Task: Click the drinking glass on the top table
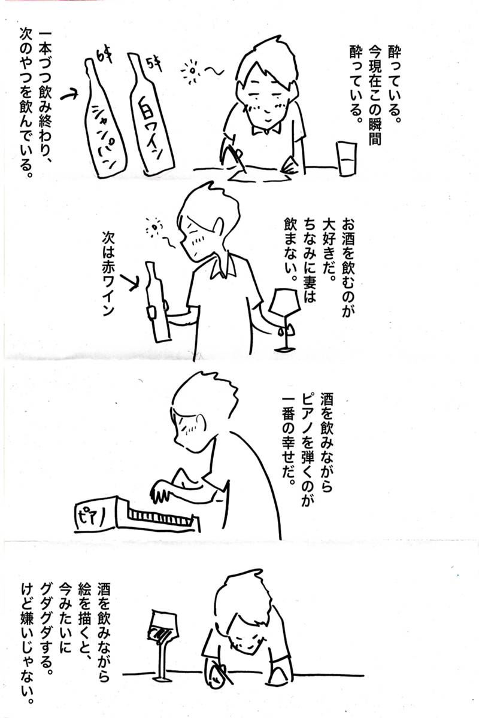tap(346, 158)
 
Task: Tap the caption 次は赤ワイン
tap(108, 275)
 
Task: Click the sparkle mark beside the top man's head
tap(192, 71)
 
